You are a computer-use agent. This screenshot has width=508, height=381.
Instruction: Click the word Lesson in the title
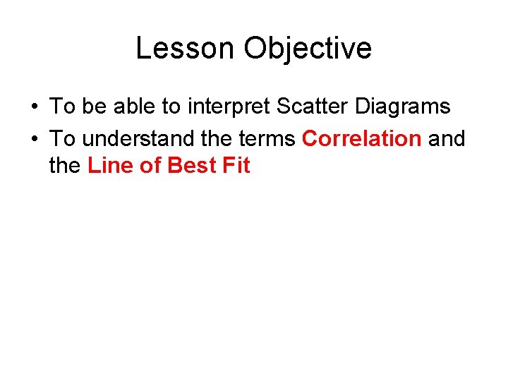point(186,48)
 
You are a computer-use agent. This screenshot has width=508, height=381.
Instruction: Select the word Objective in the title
point(308,48)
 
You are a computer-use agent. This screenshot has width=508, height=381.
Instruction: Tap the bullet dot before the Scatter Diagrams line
point(34,107)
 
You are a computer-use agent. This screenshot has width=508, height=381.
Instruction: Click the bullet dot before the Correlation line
point(34,139)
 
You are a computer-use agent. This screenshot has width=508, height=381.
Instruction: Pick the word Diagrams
point(403,107)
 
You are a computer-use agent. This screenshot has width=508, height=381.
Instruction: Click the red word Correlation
point(361,138)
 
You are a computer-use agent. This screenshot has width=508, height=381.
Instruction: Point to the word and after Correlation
point(447,138)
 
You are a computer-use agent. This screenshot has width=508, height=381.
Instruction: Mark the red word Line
point(107,167)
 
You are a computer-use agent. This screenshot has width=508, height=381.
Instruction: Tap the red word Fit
point(236,167)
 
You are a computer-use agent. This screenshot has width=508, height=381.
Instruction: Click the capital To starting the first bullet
point(62,107)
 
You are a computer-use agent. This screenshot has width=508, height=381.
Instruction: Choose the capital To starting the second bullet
point(62,138)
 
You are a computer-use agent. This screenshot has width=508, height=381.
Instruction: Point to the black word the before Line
point(66,167)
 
